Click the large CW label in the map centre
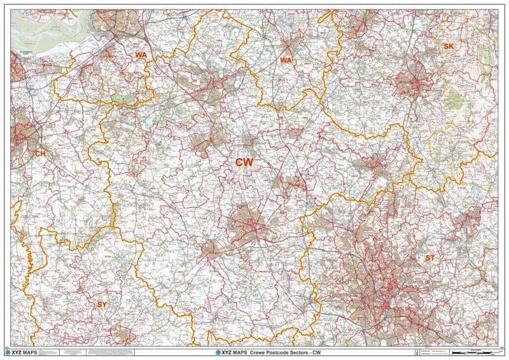click(x=244, y=163)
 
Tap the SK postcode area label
click(x=449, y=46)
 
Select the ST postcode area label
click(x=430, y=258)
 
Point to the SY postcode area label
click(x=102, y=305)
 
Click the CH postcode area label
click(x=41, y=153)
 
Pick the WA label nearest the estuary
click(x=141, y=55)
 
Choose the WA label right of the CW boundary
click(x=286, y=60)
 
